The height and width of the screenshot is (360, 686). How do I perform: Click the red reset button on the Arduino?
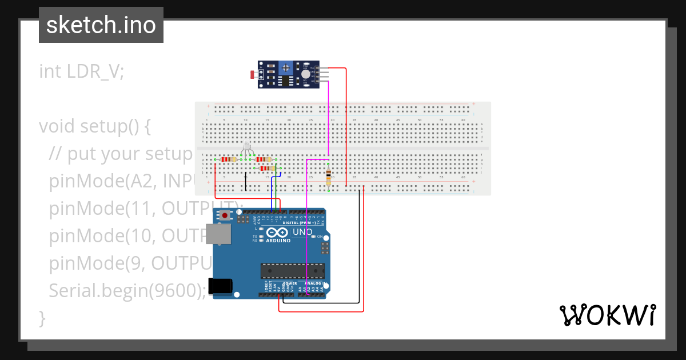(x=225, y=215)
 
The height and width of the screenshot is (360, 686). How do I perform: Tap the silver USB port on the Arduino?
(x=218, y=234)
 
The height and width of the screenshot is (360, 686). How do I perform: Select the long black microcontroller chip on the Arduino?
(x=292, y=271)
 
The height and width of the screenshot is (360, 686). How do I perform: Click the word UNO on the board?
(x=302, y=232)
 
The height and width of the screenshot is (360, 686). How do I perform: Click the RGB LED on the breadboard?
(x=247, y=147)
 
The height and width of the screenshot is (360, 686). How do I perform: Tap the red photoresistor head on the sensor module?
(x=253, y=74)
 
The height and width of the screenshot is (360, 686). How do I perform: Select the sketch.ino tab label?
(x=101, y=25)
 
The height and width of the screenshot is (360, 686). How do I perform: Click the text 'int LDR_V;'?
(x=81, y=71)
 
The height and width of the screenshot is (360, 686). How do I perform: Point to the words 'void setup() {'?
(x=95, y=126)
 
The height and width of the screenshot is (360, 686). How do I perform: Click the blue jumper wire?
(x=272, y=191)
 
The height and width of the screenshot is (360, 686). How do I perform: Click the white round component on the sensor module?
(x=306, y=74)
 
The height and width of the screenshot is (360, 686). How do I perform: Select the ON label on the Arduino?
(x=320, y=237)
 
